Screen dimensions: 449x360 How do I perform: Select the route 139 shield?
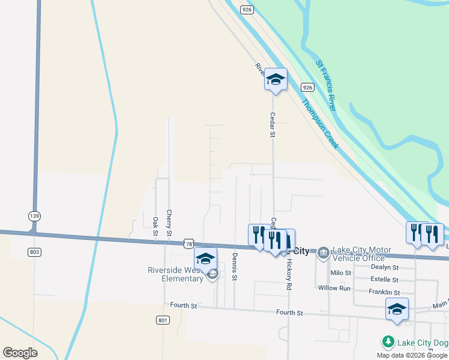(x=34, y=215)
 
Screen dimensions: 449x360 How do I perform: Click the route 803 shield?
(x=34, y=252)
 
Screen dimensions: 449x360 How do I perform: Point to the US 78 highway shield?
(x=190, y=244)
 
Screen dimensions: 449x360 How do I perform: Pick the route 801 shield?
(x=163, y=320)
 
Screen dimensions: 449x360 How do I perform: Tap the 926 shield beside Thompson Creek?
(x=307, y=87)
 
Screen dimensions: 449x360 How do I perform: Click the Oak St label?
(x=155, y=226)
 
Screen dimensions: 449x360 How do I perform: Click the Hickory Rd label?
(x=288, y=275)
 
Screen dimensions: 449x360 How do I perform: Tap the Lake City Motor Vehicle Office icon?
(x=323, y=251)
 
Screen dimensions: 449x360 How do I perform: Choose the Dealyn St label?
(x=385, y=267)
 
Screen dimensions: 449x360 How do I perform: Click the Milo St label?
(x=340, y=273)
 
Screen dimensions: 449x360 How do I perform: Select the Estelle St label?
(x=384, y=280)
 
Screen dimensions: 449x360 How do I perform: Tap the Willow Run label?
(x=334, y=288)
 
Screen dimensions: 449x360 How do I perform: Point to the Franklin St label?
(x=384, y=292)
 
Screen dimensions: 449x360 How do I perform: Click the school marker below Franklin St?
(x=397, y=310)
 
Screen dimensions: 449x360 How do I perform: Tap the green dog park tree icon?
(x=388, y=342)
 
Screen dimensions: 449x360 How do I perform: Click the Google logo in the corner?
(x=20, y=353)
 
